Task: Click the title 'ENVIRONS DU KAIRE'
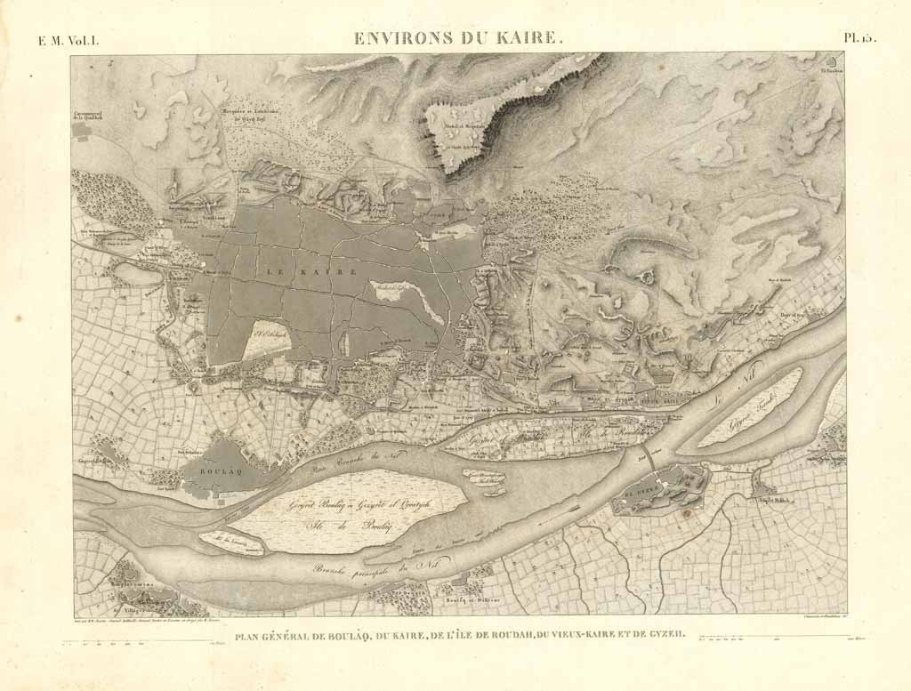[x=458, y=38]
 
